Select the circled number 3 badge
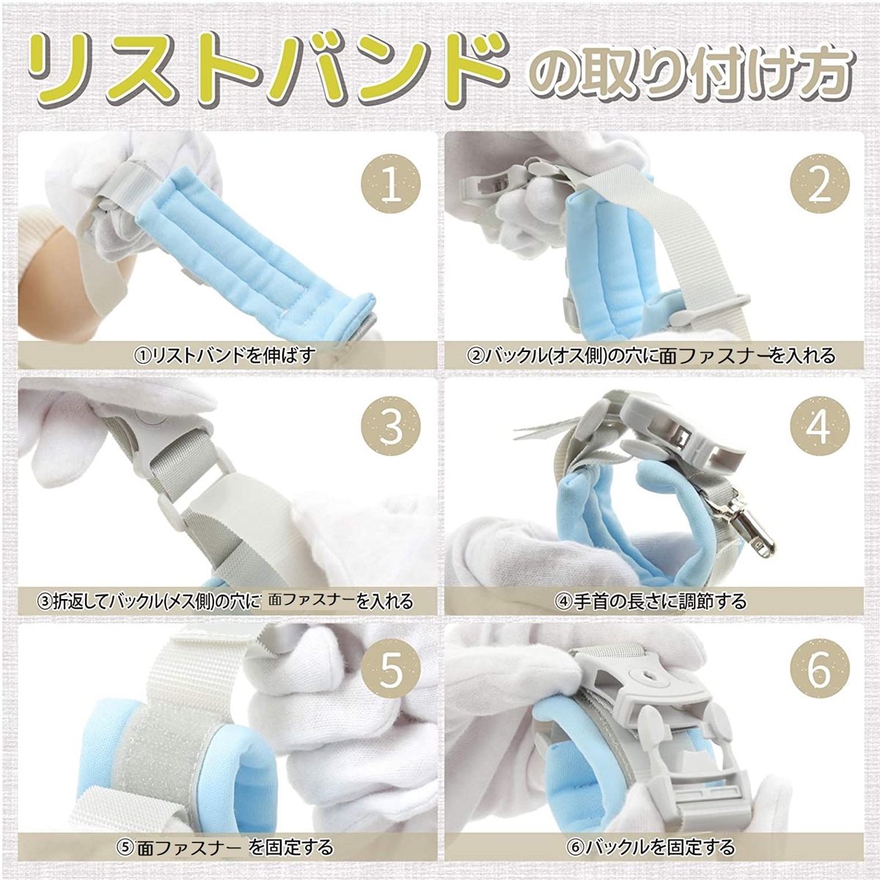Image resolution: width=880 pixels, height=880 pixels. point(391,428)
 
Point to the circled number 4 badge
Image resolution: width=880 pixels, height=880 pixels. point(819,428)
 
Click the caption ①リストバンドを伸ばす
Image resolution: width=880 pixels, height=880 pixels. point(224,355)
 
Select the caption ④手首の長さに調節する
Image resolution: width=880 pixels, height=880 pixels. point(650,601)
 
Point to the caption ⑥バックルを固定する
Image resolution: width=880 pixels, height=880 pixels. point(650,847)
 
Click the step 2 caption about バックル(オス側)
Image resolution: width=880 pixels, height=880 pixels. point(650,355)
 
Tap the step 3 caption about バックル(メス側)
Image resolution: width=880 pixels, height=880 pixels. point(224,601)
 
